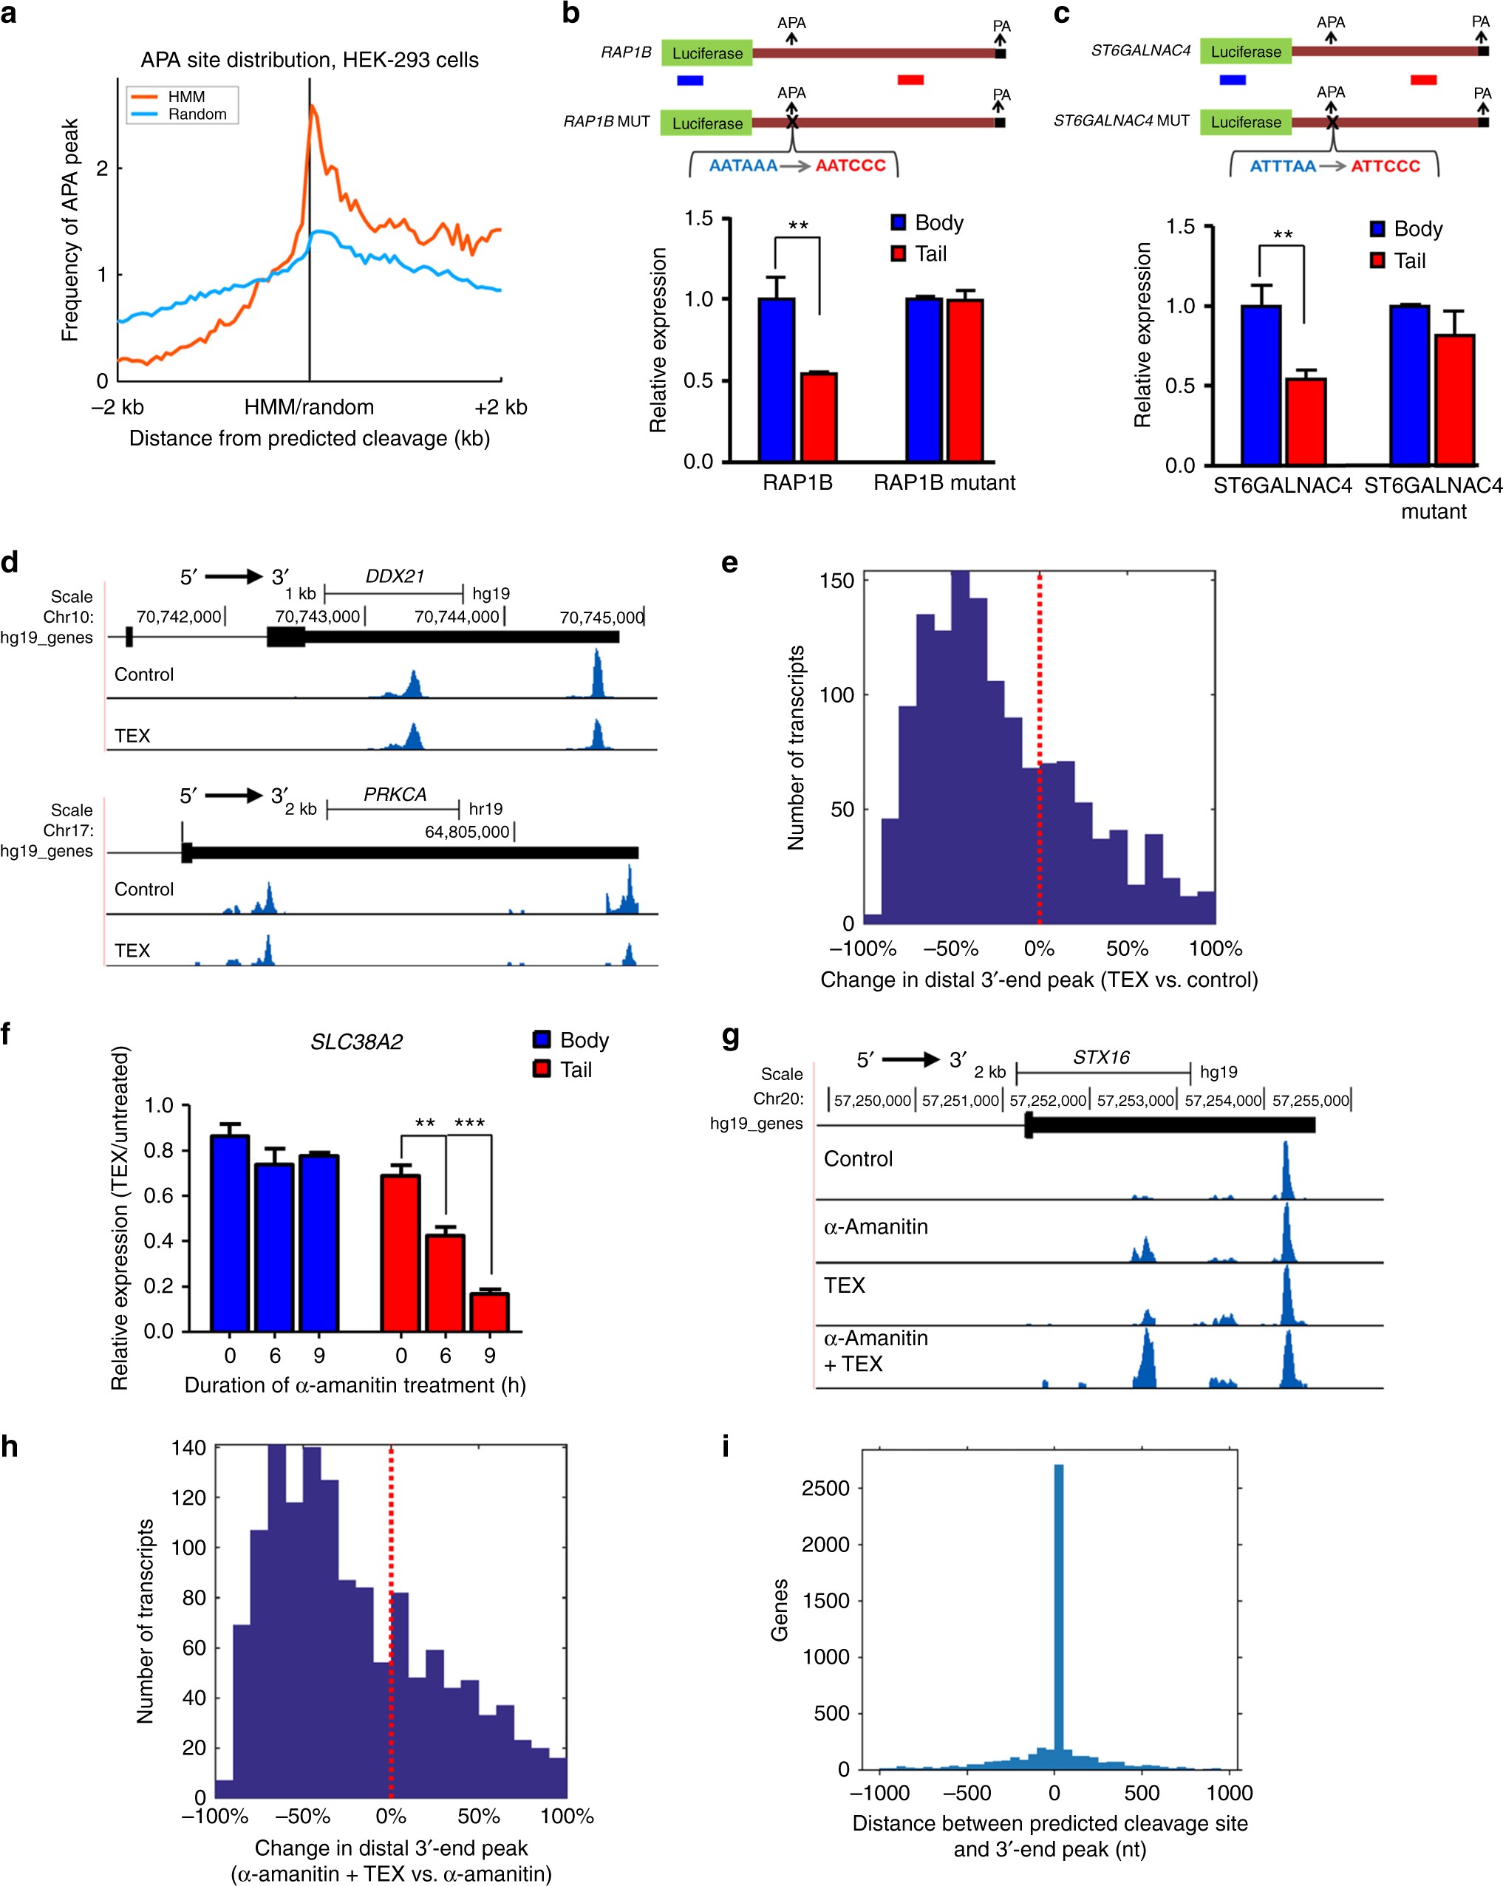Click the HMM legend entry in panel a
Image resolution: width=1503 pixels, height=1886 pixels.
(x=185, y=97)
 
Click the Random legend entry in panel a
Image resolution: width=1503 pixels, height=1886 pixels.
(x=197, y=115)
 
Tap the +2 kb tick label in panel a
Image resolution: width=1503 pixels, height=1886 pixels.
(x=500, y=407)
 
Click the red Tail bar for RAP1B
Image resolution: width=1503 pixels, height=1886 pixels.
(x=819, y=417)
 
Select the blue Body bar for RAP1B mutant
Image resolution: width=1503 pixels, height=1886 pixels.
(x=924, y=380)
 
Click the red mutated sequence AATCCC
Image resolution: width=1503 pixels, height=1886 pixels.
(x=851, y=165)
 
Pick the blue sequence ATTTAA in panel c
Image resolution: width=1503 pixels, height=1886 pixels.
(x=1283, y=166)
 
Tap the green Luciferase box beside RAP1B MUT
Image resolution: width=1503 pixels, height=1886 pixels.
(x=707, y=123)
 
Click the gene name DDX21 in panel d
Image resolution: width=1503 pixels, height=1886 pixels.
(x=395, y=576)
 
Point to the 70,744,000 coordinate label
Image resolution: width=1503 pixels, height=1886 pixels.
(x=457, y=617)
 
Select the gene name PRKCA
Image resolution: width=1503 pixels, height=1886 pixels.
(x=395, y=794)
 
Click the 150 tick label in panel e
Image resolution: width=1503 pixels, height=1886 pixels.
(x=836, y=581)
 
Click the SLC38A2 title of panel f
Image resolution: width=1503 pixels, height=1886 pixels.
(x=356, y=1042)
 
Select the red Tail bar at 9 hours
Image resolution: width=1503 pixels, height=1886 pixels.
(x=490, y=1312)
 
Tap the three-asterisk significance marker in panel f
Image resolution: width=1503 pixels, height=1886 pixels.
(x=469, y=1123)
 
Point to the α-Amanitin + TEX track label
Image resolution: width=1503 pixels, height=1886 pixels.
(x=875, y=1350)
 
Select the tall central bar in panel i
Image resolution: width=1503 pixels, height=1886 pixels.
(x=1059, y=1619)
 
